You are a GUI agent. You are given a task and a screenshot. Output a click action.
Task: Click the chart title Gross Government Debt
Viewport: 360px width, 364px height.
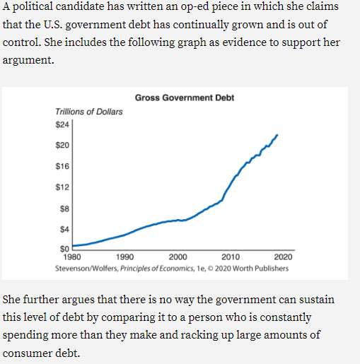[184, 98]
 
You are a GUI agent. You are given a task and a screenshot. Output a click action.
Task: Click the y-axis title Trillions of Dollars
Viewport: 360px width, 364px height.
[88, 112]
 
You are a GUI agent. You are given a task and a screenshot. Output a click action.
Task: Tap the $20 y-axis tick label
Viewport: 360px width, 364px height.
[62, 145]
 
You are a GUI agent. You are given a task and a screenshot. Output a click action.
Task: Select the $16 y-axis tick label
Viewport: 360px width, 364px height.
[62, 166]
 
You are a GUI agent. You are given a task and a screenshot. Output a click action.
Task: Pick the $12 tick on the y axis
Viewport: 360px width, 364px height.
[62, 187]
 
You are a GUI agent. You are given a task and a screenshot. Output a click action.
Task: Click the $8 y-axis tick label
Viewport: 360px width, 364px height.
[64, 209]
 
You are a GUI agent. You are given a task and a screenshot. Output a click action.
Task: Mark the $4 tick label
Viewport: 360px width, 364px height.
[64, 229]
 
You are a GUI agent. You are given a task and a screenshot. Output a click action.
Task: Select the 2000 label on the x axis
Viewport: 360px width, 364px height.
[178, 257]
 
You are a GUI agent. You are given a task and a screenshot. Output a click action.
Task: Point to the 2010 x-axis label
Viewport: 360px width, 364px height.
[231, 257]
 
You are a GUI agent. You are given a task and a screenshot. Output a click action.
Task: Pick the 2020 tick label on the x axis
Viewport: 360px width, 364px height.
[283, 257]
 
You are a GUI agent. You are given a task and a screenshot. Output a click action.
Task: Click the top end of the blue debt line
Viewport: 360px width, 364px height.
[277, 134]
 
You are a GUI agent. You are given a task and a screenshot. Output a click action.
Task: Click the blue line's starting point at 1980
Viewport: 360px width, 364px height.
[74, 246]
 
